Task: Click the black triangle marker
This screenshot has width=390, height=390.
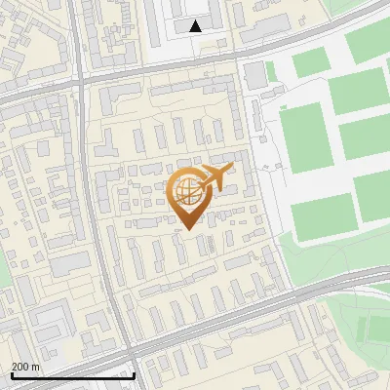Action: coord(196,26)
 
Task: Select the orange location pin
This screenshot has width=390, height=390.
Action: coord(189,196)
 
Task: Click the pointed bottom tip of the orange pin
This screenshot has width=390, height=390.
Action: coord(189,229)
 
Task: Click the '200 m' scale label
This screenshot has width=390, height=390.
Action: coord(25,366)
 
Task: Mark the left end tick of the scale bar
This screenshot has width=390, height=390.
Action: coord(12,374)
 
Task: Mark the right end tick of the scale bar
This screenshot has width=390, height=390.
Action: coord(134,374)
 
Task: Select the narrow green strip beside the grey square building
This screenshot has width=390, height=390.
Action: coord(271,76)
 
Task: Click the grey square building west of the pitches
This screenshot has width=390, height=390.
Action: coord(254,74)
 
